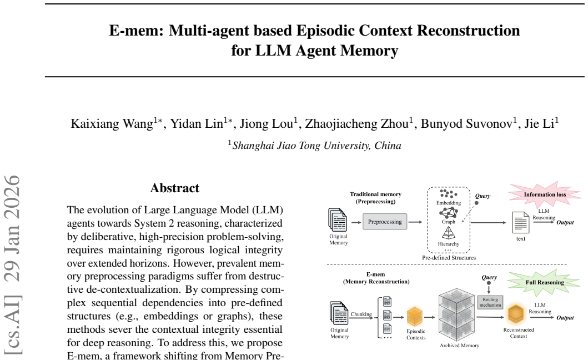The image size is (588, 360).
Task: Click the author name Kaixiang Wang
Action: [112, 123]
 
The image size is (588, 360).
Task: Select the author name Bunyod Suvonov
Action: [466, 123]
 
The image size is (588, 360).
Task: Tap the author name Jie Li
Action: [539, 123]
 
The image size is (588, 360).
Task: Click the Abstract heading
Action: [175, 188]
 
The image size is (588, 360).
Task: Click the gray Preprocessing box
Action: [385, 222]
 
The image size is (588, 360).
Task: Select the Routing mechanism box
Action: [490, 302]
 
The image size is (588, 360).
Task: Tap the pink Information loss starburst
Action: [545, 194]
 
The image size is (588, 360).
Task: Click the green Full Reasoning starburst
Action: [545, 282]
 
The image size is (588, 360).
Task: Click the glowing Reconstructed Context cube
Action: [516, 314]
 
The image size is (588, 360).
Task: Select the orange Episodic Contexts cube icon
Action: [414, 317]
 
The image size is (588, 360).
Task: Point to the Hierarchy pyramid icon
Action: [449, 233]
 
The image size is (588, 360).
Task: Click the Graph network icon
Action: [449, 212]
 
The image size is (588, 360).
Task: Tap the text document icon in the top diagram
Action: [520, 223]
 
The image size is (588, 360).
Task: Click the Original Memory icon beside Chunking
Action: [339, 313]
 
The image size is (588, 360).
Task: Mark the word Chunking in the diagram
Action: [361, 314]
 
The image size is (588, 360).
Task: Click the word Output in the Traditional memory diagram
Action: [565, 222]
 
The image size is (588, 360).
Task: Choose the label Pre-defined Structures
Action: [449, 258]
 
